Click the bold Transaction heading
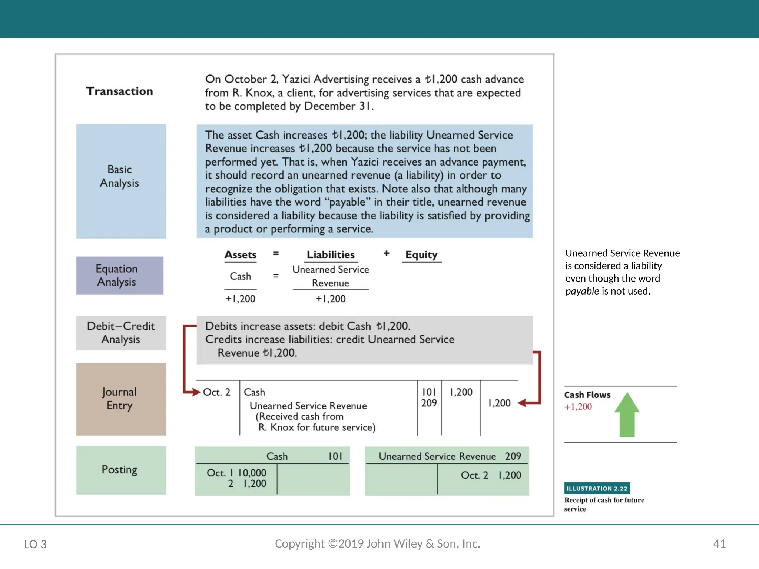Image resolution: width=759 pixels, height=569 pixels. [x=119, y=91]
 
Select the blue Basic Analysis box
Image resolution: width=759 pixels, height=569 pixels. [x=121, y=181]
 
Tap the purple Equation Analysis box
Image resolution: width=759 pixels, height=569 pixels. [x=119, y=275]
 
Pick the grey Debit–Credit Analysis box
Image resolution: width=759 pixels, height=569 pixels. [x=121, y=333]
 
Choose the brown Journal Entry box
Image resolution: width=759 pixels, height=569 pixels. [x=121, y=399]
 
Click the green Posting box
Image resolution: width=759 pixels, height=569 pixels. [x=121, y=470]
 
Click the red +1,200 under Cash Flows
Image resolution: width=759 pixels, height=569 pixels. [x=578, y=407]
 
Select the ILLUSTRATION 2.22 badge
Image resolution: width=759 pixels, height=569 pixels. [x=597, y=488]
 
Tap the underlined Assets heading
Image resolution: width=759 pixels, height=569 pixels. [x=240, y=255]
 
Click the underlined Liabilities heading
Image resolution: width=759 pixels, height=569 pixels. [x=331, y=255]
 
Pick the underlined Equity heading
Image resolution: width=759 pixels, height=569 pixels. [x=421, y=255]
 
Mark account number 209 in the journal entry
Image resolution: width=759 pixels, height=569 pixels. [x=429, y=403]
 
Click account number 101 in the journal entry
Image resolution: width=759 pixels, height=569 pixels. [x=429, y=392]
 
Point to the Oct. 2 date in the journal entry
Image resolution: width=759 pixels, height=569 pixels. [x=216, y=392]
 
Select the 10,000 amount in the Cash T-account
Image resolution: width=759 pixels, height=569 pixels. [x=252, y=473]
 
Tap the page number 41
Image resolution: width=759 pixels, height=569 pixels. [x=719, y=544]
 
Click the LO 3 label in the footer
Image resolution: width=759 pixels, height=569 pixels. [x=35, y=544]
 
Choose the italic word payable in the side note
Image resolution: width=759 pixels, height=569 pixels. [x=582, y=291]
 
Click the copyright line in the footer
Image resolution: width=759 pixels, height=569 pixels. [x=377, y=543]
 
